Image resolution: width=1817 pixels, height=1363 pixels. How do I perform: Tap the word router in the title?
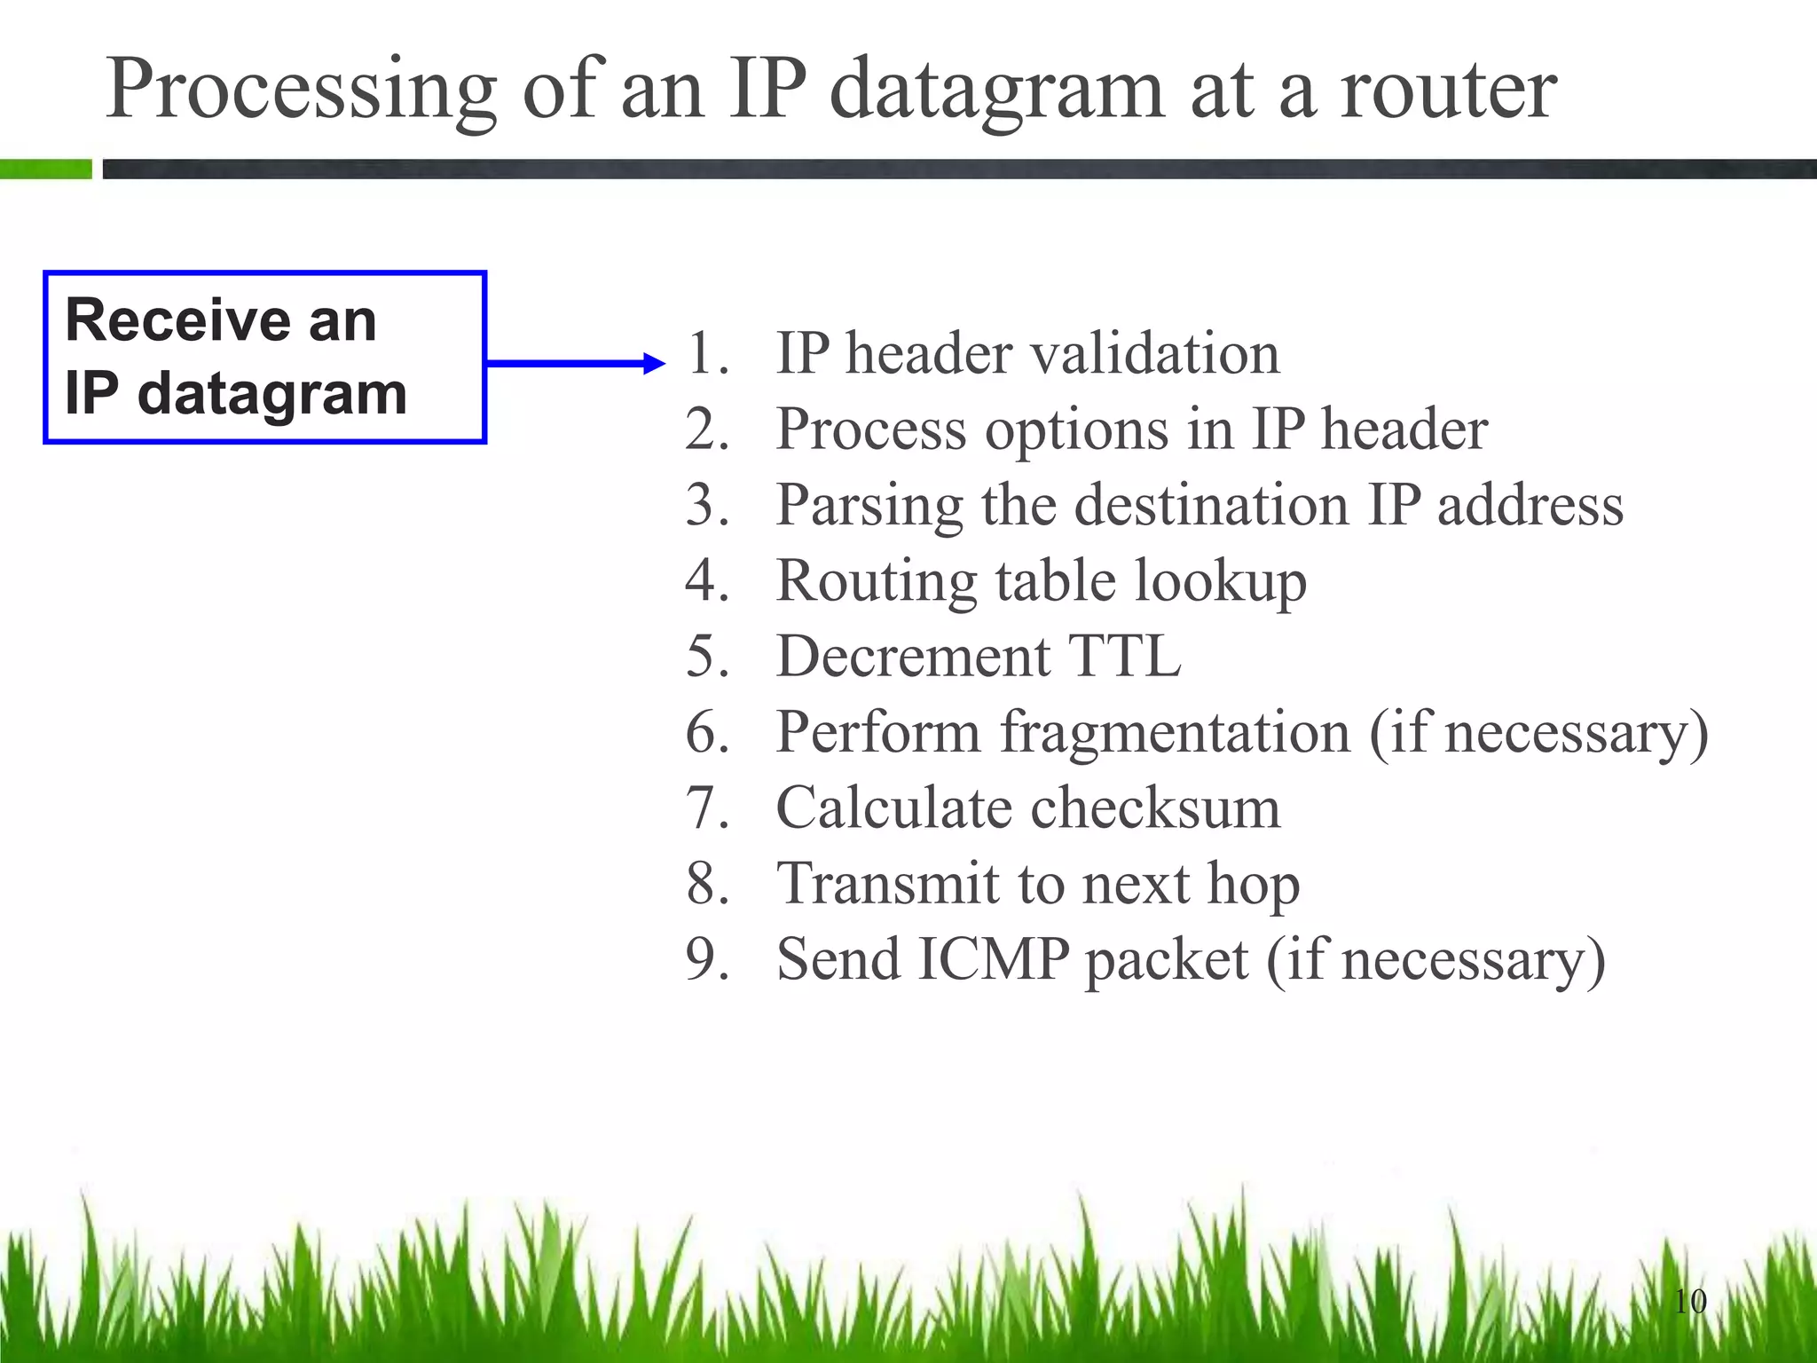point(1448,91)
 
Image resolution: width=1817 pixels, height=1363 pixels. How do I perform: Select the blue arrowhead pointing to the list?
point(654,363)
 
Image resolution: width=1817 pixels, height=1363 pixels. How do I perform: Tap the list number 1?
point(705,353)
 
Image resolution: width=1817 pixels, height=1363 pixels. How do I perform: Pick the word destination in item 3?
point(1211,505)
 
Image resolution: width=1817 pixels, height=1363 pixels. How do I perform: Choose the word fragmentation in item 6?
point(1176,733)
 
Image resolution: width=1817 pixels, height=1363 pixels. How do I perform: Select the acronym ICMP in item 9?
point(993,960)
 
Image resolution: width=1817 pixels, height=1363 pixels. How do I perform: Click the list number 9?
point(705,960)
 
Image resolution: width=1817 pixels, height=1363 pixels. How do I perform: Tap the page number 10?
point(1690,1302)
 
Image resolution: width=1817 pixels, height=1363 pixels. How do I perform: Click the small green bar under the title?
point(46,169)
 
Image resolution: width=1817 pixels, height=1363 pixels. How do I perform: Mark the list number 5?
point(705,657)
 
